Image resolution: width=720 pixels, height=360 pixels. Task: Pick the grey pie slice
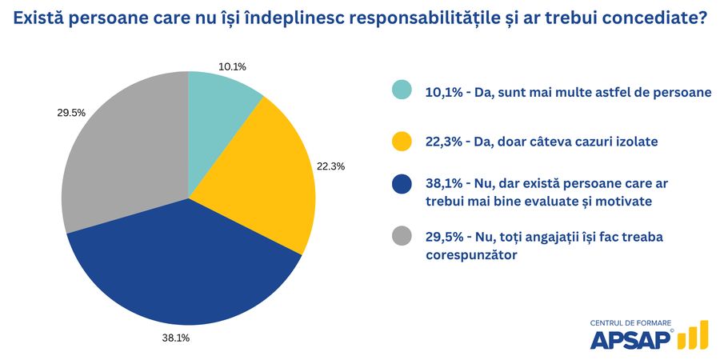(x=120, y=160)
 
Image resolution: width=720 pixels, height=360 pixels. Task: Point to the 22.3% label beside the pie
(x=330, y=166)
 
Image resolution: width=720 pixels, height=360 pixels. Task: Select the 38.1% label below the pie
(x=175, y=338)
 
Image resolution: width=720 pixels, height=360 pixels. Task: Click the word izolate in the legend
(x=633, y=142)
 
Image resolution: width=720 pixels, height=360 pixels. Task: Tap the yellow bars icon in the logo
(x=693, y=336)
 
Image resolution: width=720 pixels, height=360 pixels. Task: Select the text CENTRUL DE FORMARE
(x=630, y=322)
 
